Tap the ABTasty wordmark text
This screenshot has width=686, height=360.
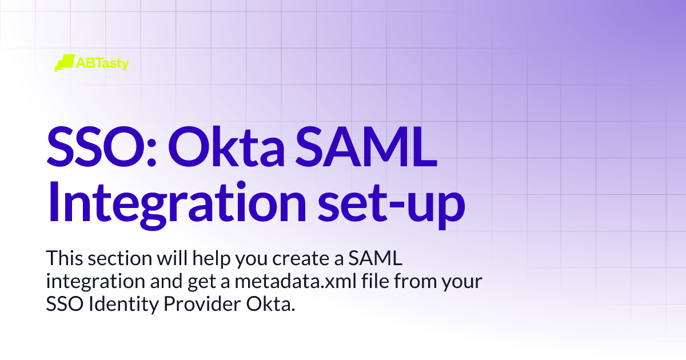point(102,63)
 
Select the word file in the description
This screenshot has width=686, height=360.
point(350,282)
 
